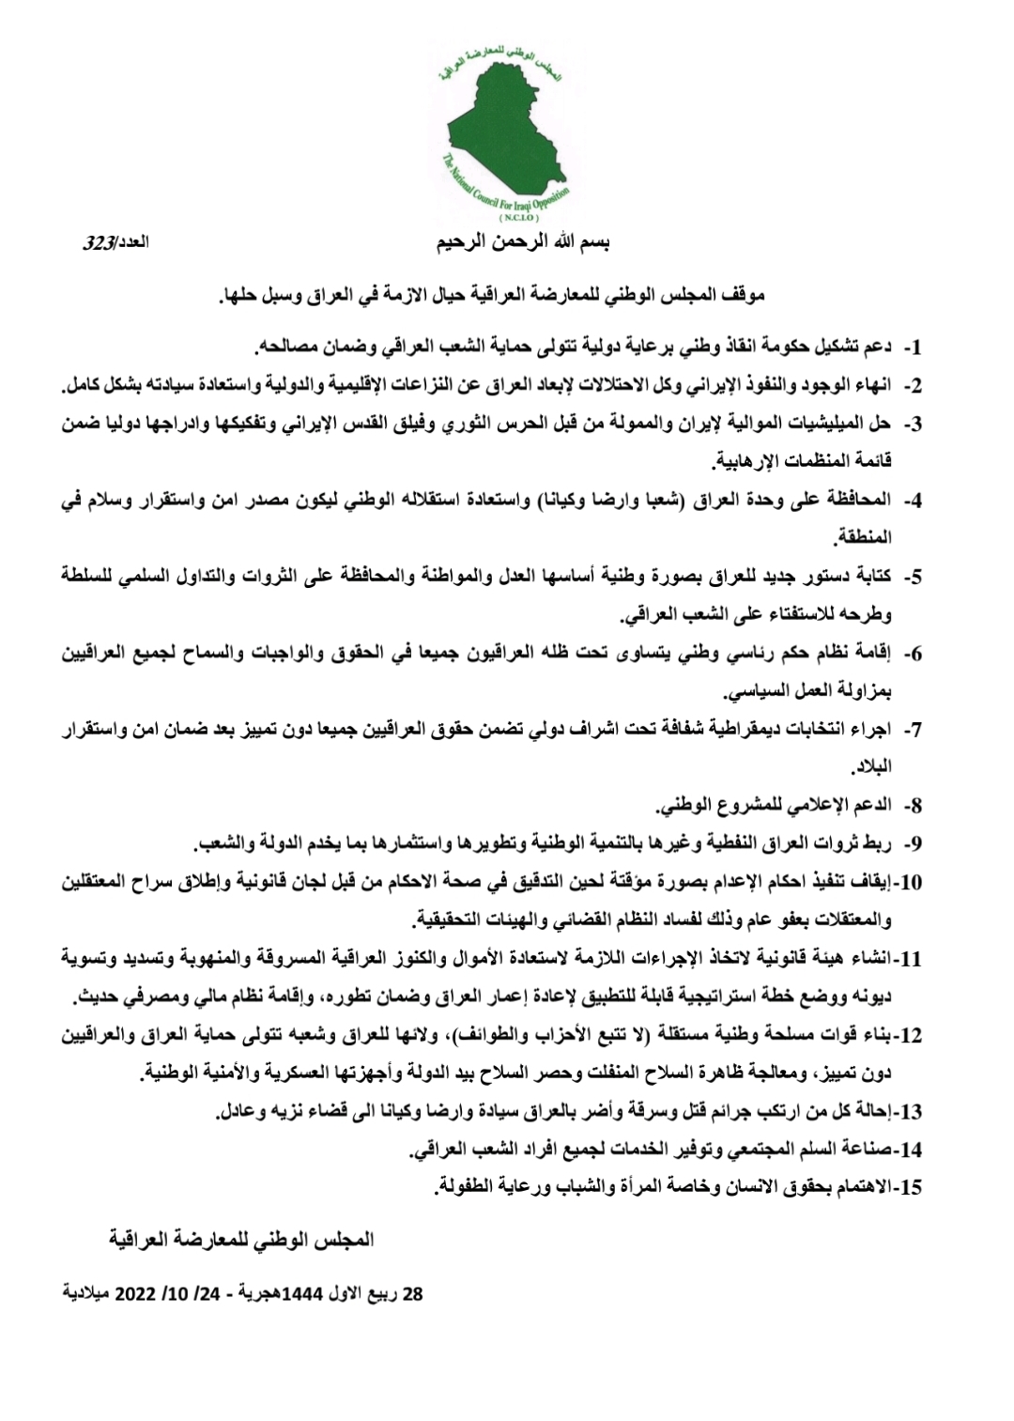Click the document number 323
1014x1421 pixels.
click(x=99, y=243)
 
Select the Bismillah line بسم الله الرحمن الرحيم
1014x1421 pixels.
click(x=523, y=242)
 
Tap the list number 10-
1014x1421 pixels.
click(x=908, y=883)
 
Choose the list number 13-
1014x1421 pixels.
click(x=908, y=1112)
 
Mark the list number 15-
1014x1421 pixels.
click(x=908, y=1188)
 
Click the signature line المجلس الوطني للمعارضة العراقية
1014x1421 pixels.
click(x=241, y=1240)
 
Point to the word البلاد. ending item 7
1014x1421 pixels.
click(x=870, y=768)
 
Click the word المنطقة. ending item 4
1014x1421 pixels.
click(x=863, y=538)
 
